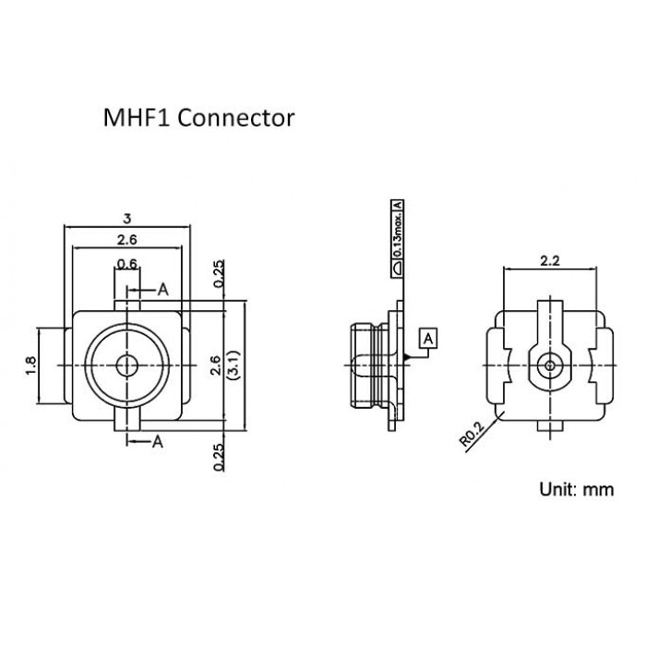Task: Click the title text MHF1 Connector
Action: point(198,118)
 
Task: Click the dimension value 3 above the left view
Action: point(127,219)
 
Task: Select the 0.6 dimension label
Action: point(127,264)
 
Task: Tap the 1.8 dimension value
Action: point(30,365)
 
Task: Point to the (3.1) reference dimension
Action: point(233,365)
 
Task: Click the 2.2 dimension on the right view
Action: point(550,261)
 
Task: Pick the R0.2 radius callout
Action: point(473,435)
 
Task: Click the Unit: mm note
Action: point(577,489)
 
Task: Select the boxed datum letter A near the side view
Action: point(428,339)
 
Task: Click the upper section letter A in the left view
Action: point(163,290)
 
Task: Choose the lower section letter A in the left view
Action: point(158,442)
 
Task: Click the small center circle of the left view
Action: point(127,365)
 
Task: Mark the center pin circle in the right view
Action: point(550,365)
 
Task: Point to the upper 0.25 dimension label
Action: point(219,273)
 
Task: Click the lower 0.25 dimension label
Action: point(219,457)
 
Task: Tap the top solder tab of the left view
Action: point(127,306)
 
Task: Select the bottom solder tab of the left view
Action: point(127,425)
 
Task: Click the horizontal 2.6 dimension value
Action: point(127,239)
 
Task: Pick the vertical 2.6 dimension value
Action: point(217,365)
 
